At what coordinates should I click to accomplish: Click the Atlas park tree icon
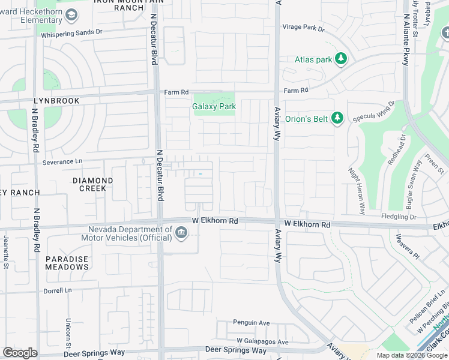[341, 59]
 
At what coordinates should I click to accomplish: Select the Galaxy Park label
[214, 106]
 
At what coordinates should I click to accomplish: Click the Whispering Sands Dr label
[72, 34]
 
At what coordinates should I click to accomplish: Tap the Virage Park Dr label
[303, 28]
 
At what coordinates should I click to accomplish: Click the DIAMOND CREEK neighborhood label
[92, 184]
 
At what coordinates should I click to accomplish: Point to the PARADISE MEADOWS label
[67, 263]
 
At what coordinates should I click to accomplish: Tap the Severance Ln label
[62, 162]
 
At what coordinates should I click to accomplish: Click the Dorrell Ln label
[58, 290]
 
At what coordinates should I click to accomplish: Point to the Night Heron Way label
[357, 191]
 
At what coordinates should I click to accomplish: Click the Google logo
[20, 353]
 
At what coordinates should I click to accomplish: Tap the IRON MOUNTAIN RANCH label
[119, 4]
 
